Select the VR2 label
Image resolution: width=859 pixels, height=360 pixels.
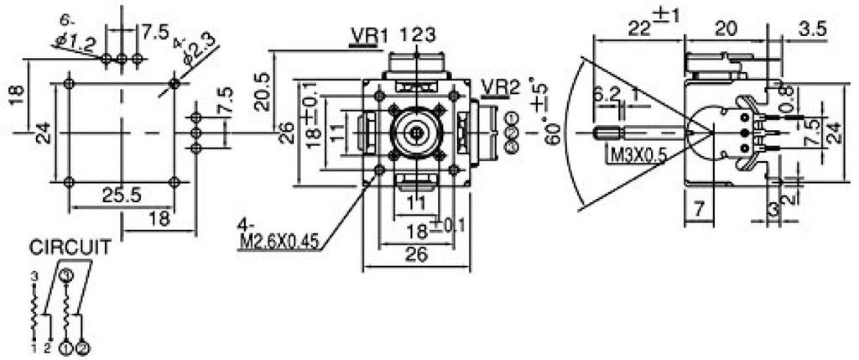coord(500,86)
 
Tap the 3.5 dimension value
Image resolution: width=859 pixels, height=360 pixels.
coord(811,29)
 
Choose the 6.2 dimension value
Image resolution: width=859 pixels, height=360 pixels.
coord(606,95)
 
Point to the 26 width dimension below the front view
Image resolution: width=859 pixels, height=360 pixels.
coord(416,253)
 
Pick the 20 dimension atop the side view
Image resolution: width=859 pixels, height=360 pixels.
coord(726,27)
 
